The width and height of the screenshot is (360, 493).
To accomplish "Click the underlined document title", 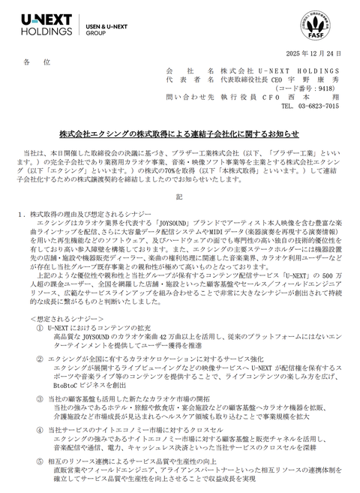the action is pos(179,134).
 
